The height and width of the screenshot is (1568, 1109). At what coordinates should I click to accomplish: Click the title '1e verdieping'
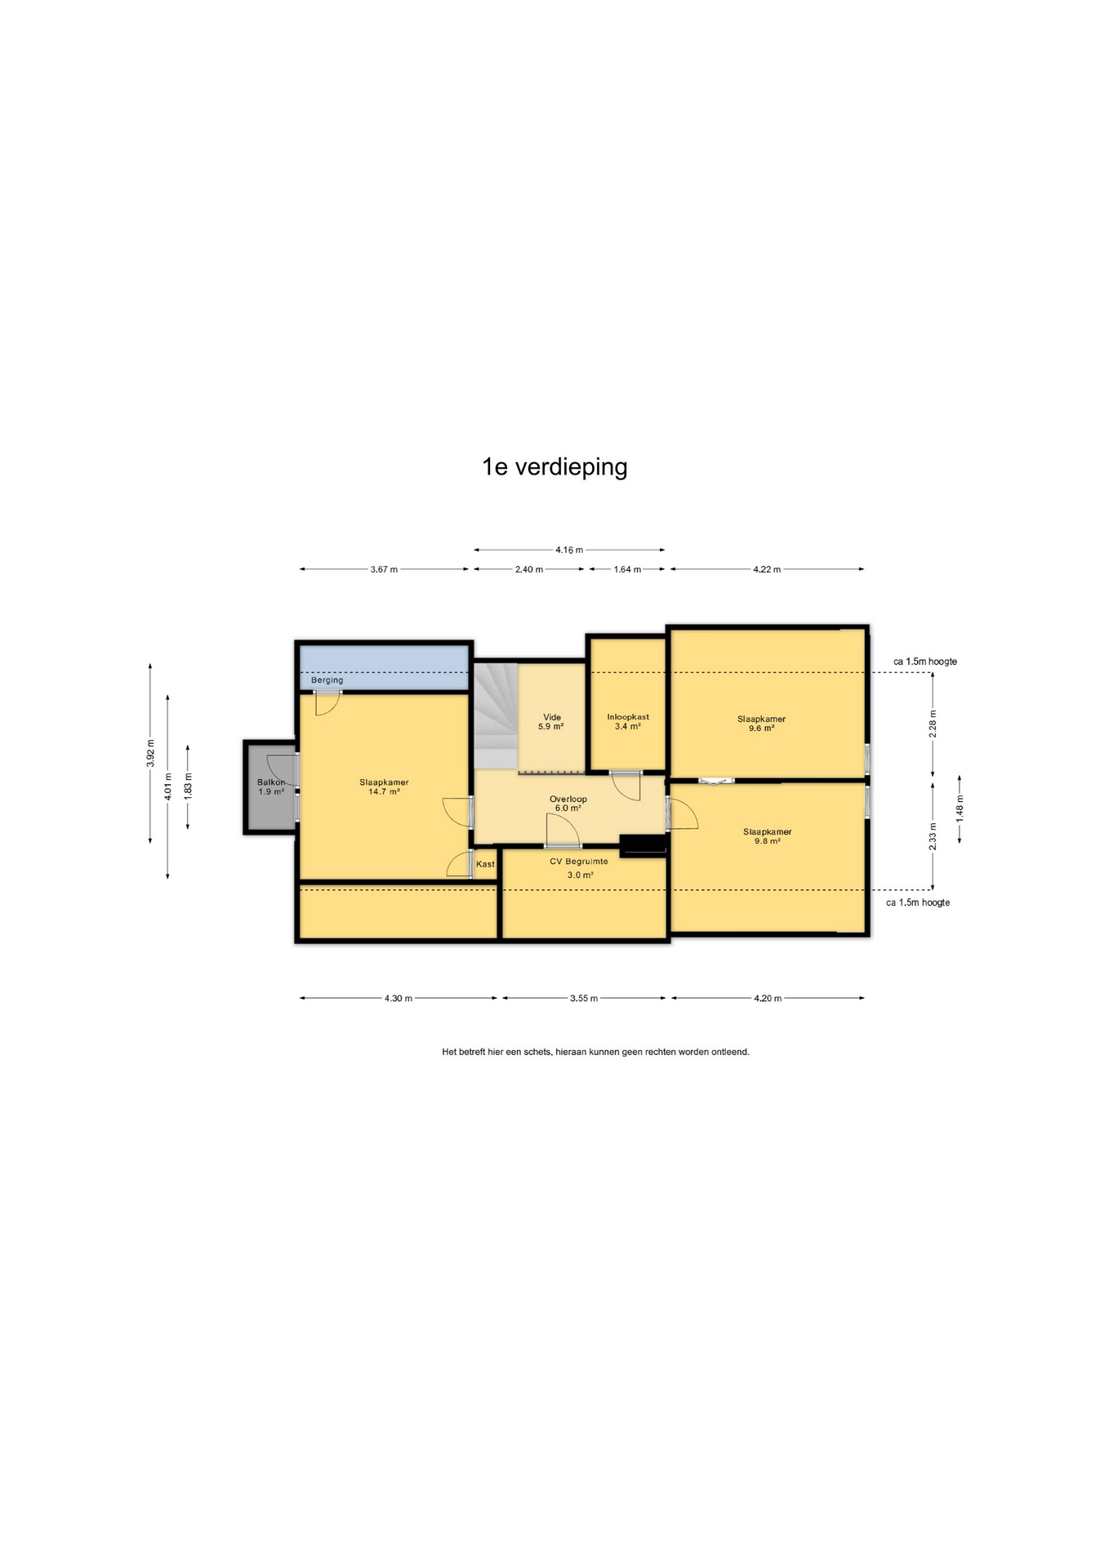554,467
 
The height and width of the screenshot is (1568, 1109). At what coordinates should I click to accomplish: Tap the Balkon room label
271,782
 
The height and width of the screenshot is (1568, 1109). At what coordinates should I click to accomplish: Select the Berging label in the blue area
327,680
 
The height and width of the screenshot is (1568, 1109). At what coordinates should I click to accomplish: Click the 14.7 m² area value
384,791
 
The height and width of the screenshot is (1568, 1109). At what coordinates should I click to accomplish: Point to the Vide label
552,718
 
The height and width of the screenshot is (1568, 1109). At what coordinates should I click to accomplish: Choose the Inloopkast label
628,717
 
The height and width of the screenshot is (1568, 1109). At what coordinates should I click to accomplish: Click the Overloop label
568,800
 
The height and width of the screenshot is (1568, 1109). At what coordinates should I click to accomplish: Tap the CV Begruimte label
578,862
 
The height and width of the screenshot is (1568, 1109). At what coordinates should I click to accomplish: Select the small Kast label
485,864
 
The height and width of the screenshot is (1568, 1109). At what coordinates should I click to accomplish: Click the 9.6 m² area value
761,728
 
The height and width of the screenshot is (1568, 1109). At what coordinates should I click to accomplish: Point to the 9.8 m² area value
767,841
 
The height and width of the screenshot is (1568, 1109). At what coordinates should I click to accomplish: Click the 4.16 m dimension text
569,550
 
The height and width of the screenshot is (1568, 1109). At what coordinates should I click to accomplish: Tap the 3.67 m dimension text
384,570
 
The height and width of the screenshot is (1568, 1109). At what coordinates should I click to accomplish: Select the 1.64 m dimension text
627,570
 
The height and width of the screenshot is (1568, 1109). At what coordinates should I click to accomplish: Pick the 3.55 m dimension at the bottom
584,999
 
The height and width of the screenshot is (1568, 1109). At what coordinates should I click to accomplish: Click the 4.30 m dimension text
399,999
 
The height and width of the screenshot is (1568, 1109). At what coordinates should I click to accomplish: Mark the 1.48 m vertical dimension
960,808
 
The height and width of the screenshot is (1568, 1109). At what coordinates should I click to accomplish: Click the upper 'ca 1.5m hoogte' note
925,661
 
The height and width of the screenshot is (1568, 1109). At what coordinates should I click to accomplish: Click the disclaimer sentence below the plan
595,1052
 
